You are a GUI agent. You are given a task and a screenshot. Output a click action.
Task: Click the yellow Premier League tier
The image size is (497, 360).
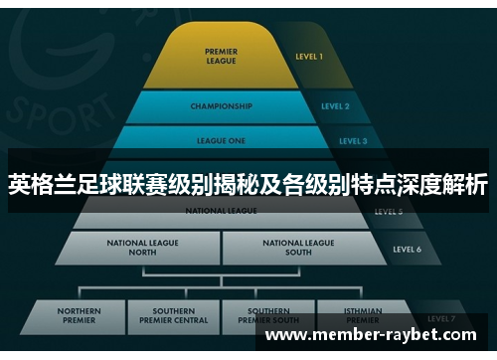[220, 56]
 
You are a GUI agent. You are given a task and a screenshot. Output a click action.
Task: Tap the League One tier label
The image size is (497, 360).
[221, 141]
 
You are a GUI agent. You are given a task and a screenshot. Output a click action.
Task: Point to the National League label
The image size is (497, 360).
[221, 211]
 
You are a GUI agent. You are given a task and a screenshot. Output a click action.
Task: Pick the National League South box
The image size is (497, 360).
[298, 247]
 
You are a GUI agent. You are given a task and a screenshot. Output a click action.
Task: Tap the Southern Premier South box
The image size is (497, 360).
[268, 316]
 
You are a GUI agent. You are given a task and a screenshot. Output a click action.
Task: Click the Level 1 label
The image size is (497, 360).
[309, 57]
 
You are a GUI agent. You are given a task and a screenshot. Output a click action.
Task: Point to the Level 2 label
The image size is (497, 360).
[335, 105]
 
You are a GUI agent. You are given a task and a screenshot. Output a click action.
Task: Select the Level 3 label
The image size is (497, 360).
[353, 141]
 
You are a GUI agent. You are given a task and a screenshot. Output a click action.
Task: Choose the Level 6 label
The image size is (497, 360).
[407, 249]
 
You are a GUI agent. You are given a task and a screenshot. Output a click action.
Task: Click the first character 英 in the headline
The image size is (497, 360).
[19, 184]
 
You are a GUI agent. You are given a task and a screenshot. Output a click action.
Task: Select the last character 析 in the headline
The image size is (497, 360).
[476, 184]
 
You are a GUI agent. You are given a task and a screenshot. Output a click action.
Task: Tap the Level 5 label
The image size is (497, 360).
[389, 212]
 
